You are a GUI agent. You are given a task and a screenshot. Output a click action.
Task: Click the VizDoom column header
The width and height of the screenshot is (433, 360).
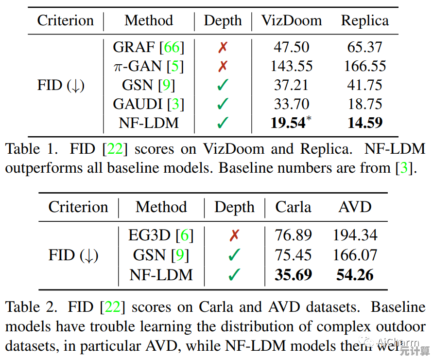tap(292, 20)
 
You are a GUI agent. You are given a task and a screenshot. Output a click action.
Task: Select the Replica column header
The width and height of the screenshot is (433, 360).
tap(364, 20)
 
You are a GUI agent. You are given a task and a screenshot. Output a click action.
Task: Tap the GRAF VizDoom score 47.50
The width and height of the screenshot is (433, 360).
tap(292, 47)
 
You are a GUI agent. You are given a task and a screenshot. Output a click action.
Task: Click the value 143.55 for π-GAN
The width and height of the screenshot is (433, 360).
tap(292, 66)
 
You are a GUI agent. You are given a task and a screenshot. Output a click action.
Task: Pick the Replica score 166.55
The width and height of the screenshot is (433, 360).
tap(365, 66)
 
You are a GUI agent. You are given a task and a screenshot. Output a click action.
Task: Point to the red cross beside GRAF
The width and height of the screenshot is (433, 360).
tap(223, 47)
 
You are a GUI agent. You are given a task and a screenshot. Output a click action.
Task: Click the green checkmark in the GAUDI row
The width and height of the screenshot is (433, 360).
tap(223, 104)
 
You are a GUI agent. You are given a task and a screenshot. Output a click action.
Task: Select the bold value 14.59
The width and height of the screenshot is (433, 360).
tap(365, 123)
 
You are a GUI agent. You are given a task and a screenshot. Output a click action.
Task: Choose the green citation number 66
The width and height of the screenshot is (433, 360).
tap(172, 47)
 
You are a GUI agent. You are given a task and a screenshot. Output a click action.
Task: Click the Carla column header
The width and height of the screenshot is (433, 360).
tap(293, 207)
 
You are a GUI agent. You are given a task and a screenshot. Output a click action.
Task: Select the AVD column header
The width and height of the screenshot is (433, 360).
tap(355, 207)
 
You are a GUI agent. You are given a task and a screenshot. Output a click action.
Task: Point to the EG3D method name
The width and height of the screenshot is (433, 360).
tap(149, 235)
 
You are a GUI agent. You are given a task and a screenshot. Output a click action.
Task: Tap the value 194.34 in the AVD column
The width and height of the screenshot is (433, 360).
tap(355, 235)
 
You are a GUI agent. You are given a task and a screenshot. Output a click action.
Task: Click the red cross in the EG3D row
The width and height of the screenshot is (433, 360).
tap(234, 235)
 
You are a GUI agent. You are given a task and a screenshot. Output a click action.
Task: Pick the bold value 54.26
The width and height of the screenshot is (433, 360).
tap(355, 275)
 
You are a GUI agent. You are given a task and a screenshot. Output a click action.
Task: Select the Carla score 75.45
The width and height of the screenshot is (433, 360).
tap(293, 255)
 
